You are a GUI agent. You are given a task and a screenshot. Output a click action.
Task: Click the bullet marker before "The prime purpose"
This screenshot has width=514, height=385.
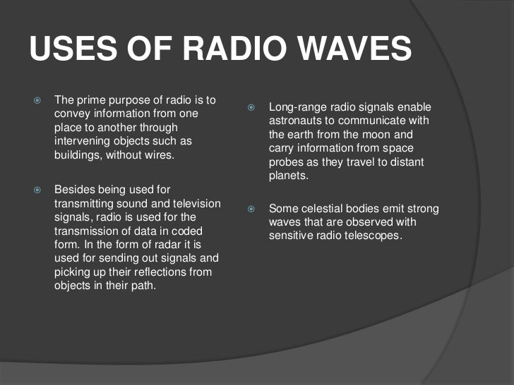38,99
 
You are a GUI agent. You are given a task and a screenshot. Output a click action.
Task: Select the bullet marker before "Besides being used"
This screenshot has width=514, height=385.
38,190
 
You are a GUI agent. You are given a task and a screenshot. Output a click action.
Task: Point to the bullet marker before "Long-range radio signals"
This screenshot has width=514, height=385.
252,107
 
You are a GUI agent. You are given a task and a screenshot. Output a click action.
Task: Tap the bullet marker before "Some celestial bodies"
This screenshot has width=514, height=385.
252,209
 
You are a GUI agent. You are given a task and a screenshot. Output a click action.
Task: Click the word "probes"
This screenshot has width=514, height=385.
285,162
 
